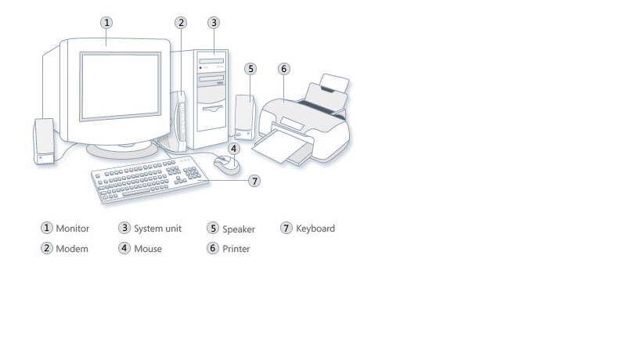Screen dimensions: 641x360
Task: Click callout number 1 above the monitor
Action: point(107,22)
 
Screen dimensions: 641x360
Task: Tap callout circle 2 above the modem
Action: point(182,22)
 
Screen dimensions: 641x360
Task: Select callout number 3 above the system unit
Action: point(214,22)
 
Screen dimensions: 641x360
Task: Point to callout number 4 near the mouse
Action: point(233,148)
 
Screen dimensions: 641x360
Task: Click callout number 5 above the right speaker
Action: point(250,69)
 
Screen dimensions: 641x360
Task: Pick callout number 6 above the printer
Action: point(284,69)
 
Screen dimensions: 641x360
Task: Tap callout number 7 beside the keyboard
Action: point(254,181)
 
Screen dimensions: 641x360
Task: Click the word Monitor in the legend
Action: point(73,229)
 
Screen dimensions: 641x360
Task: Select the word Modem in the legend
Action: point(72,249)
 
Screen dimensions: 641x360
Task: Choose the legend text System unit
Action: point(157,229)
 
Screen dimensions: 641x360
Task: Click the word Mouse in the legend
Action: point(148,249)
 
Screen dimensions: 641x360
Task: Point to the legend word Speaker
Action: point(239,229)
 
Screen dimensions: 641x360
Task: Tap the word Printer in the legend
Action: point(236,249)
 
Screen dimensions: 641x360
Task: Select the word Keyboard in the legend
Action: point(315,229)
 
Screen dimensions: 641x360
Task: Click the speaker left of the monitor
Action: point(44,141)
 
